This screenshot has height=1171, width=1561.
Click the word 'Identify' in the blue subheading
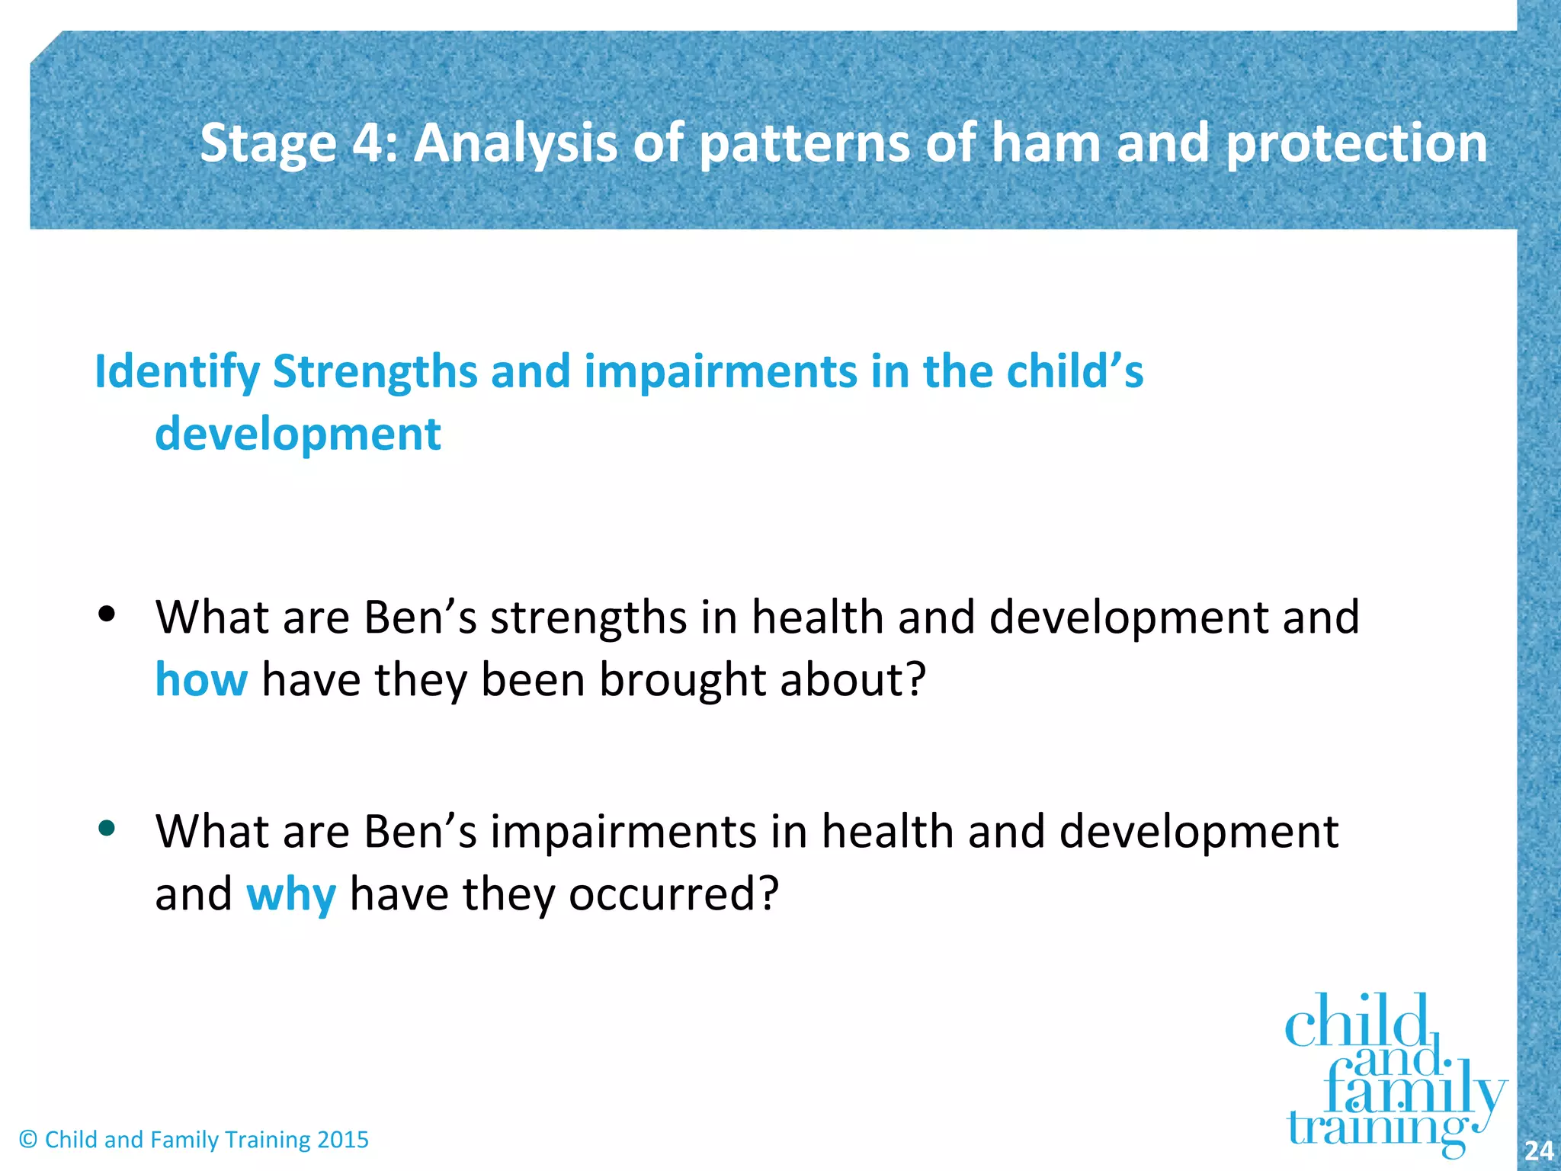[177, 373]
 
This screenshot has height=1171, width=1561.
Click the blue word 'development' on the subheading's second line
[297, 435]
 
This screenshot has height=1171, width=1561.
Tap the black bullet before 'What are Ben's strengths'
[107, 614]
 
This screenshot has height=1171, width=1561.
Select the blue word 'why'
[290, 894]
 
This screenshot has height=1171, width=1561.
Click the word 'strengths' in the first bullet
[588, 618]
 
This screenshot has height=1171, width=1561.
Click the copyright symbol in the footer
[28, 1140]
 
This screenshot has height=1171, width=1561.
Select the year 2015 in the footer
[342, 1140]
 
